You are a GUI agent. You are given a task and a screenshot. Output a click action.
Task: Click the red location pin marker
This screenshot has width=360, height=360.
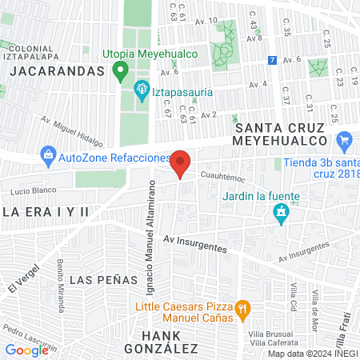[181, 163]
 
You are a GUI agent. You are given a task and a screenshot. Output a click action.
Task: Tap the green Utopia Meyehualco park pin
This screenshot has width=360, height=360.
[121, 72]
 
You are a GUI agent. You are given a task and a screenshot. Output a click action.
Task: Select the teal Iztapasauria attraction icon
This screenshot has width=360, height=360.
[142, 89]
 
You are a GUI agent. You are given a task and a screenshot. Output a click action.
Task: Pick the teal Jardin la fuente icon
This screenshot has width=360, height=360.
[281, 212]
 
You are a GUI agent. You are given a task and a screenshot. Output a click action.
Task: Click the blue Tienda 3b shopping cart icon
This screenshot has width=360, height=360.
[346, 141]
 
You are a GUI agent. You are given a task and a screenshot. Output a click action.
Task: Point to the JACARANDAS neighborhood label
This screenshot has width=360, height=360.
[57, 70]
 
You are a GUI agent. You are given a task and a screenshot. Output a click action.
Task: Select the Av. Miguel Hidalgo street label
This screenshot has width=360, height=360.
[72, 134]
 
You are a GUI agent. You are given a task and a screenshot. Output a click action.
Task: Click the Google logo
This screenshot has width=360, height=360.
[26, 350]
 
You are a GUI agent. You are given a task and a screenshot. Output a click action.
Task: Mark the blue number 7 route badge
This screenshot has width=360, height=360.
[273, 60]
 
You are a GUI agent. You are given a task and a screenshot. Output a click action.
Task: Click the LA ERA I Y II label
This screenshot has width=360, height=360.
[46, 212]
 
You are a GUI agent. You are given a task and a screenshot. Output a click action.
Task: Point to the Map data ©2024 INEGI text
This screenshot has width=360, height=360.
[313, 354]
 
